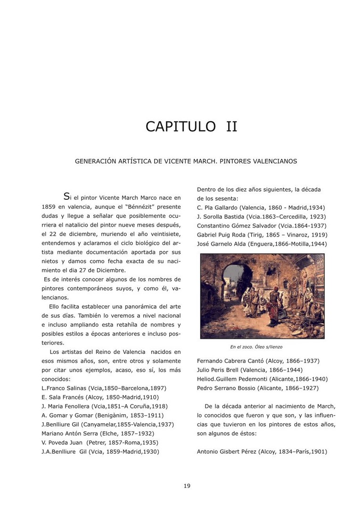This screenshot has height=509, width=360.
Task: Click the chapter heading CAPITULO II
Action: coord(191,127)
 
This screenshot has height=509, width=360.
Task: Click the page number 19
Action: coord(187,486)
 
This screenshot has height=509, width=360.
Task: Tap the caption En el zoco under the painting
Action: coord(256,347)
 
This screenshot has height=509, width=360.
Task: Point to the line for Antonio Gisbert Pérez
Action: coord(262,452)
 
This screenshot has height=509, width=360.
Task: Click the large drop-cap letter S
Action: coord(67,197)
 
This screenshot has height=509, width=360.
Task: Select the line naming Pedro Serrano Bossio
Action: coord(257,388)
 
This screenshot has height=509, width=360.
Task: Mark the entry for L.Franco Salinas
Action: coord(104,388)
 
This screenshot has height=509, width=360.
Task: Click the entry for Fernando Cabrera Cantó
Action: coord(258,361)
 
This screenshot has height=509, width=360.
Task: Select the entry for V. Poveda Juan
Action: coord(100,443)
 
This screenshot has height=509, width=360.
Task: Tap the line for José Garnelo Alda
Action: coord(262,244)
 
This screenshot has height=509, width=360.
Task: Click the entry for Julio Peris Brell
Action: coord(249,370)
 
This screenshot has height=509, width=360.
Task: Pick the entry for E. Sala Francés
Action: coord(100,397)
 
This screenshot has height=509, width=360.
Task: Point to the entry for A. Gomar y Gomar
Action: coord(102,415)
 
